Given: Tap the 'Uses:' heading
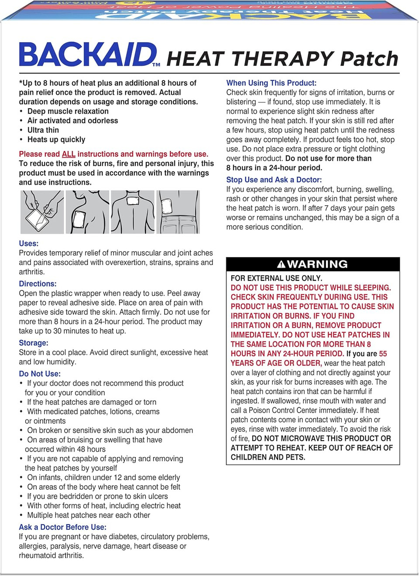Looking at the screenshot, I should click(x=29, y=243).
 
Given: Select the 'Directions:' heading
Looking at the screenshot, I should click(x=38, y=283).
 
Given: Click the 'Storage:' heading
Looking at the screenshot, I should click(x=34, y=343).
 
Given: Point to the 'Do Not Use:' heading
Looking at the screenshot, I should click(x=40, y=374).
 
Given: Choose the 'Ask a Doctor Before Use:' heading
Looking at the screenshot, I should click(x=62, y=527).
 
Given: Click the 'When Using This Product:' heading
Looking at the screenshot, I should click(x=271, y=83).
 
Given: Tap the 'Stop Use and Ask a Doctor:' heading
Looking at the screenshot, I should click(x=274, y=180).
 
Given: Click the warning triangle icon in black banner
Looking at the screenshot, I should click(x=281, y=264).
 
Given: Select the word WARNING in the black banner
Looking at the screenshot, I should click(x=317, y=264).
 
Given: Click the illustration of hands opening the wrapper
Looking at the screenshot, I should click(x=42, y=212).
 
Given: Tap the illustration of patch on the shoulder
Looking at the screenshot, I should click(x=87, y=212).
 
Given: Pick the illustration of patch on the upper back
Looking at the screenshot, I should click(x=133, y=212).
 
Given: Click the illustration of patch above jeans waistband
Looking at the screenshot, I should click(x=178, y=212).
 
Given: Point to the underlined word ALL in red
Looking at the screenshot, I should click(x=69, y=154).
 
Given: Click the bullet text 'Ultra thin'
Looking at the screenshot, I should click(x=43, y=130).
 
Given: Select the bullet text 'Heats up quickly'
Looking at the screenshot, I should click(x=56, y=140).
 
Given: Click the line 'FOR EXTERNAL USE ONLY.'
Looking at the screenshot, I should click(x=276, y=278).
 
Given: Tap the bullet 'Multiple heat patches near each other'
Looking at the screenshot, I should click(x=89, y=515).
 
